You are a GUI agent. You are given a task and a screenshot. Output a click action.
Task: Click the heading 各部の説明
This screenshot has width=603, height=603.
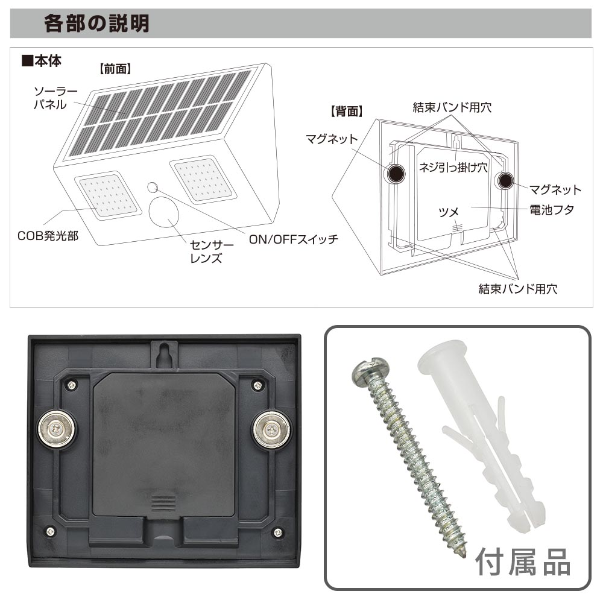[x=96, y=24]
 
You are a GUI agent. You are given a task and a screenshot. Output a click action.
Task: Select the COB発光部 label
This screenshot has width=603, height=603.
[x=48, y=236]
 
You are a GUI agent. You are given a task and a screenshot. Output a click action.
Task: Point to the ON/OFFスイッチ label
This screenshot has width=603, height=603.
[x=294, y=239]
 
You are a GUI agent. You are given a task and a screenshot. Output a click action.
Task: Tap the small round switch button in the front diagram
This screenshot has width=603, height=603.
[x=153, y=188]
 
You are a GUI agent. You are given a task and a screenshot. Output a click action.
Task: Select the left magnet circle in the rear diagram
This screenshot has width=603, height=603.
[x=396, y=174]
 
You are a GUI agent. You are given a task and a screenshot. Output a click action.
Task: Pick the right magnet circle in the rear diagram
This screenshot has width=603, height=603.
[x=505, y=180]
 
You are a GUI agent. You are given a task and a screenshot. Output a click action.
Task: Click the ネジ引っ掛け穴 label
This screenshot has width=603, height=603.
[x=453, y=167]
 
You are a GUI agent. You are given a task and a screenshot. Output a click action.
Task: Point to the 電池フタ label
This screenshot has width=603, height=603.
[x=552, y=210]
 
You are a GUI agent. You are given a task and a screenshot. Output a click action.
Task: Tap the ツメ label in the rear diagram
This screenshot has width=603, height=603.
[x=449, y=212]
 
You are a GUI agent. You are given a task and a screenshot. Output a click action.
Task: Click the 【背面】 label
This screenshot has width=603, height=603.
[x=346, y=112]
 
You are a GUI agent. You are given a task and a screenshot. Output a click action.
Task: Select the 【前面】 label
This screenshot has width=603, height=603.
[x=115, y=69]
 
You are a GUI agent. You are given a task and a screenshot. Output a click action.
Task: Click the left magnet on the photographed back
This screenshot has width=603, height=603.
[x=57, y=429]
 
